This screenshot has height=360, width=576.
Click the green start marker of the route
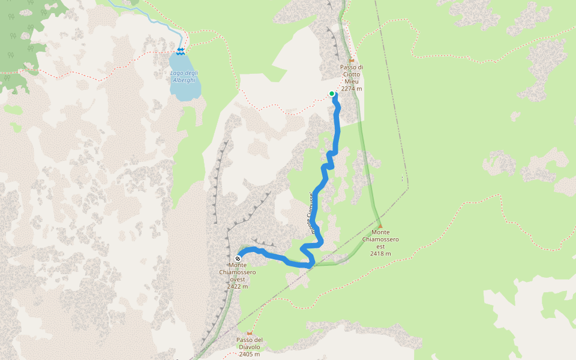[332, 94]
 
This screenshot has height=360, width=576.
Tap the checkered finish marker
[238, 259]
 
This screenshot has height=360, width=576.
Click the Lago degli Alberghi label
[184, 76]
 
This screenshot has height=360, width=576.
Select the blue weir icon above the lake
[181, 50]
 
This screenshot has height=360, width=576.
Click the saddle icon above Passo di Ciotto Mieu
[352, 61]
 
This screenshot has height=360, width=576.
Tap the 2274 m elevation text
[352, 89]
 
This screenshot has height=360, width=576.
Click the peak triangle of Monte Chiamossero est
[380, 226]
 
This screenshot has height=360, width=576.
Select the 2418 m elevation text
[380, 253]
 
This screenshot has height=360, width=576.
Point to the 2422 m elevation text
[238, 286]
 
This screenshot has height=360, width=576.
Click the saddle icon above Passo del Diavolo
[250, 334]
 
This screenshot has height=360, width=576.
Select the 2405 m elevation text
[250, 354]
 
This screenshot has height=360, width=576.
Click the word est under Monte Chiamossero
[380, 246]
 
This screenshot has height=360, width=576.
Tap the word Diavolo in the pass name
[250, 347]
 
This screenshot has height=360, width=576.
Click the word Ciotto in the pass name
[352, 74]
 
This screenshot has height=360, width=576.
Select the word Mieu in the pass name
[352, 82]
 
